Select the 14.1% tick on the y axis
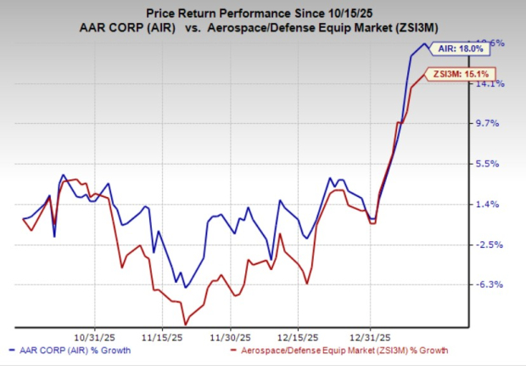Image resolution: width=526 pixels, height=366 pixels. (495, 83)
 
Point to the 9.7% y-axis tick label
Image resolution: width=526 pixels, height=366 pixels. (495, 123)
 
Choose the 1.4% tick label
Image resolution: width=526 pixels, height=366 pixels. (495, 204)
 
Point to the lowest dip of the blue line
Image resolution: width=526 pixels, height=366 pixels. (185, 288)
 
